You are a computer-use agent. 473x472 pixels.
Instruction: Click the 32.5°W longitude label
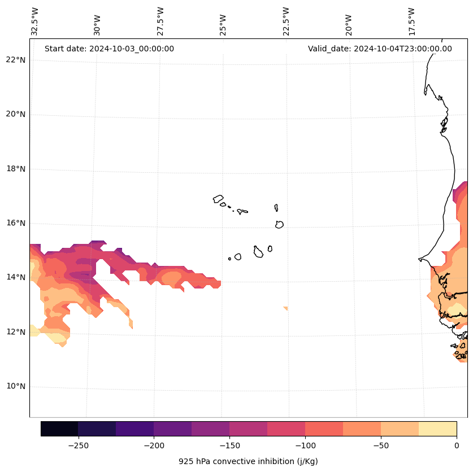click(x=35, y=21)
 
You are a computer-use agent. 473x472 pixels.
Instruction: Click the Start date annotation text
click(x=109, y=49)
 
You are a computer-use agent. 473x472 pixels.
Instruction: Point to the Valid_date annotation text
click(x=380, y=49)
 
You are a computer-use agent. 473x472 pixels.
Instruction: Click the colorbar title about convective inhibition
click(x=248, y=461)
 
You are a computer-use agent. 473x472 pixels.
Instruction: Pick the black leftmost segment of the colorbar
click(x=59, y=429)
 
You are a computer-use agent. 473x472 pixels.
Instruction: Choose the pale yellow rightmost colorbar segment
click(x=437, y=429)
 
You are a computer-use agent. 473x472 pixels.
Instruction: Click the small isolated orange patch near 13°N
click(x=286, y=308)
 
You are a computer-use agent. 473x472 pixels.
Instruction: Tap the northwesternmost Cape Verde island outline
click(x=218, y=199)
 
